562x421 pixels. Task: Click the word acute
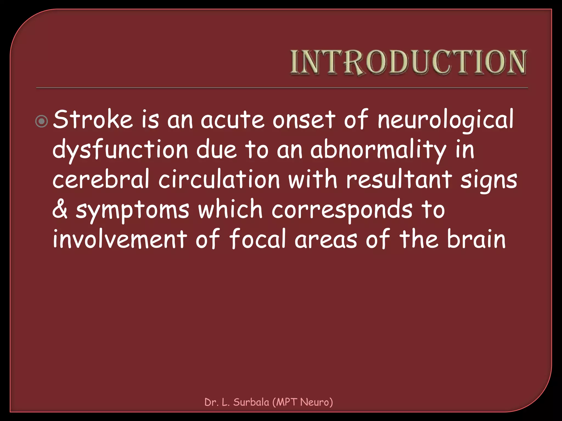[233, 120]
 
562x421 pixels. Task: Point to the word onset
[304, 120]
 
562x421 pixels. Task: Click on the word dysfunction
[120, 150]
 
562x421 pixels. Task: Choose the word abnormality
[378, 150]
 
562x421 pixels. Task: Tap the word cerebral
[101, 180]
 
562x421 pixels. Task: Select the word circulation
[219, 180]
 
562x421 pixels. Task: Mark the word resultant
[399, 180]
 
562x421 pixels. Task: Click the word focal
[257, 239]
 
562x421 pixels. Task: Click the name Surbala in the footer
[251, 402]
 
